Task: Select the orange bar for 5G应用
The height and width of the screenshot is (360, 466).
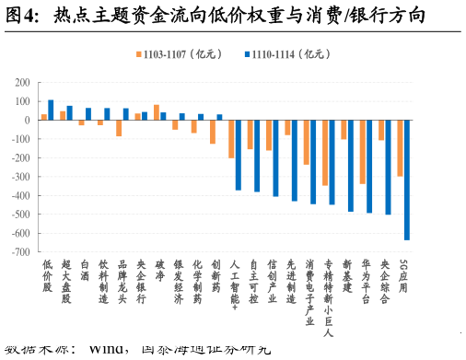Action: tap(400, 148)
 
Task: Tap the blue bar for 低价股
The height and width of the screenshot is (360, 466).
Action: tap(51, 110)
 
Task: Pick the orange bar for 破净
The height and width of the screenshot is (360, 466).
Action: tap(157, 112)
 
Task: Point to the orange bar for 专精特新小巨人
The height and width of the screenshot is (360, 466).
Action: tap(324, 153)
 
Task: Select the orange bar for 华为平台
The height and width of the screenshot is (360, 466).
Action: tap(362, 152)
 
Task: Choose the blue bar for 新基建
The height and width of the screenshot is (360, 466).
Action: tap(350, 166)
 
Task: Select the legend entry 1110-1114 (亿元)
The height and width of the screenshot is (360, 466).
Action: tap(289, 54)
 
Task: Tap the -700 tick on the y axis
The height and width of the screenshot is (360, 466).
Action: tap(19, 252)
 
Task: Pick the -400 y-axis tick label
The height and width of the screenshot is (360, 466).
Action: tap(19, 195)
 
